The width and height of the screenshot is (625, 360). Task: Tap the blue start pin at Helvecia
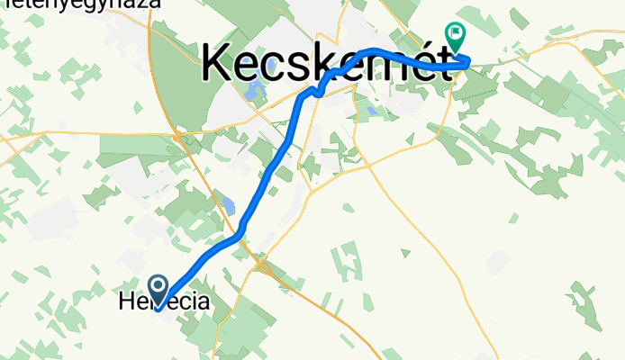pyautogui.click(x=159, y=291)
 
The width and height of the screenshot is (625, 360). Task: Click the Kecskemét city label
pyautogui.click(x=325, y=62)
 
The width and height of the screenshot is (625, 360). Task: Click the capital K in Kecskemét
pyautogui.click(x=222, y=63)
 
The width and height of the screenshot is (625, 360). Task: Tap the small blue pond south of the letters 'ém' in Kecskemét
pyautogui.click(x=372, y=112)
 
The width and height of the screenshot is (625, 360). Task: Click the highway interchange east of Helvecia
pyautogui.click(x=262, y=265)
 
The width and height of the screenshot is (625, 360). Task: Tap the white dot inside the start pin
pyautogui.click(x=159, y=287)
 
